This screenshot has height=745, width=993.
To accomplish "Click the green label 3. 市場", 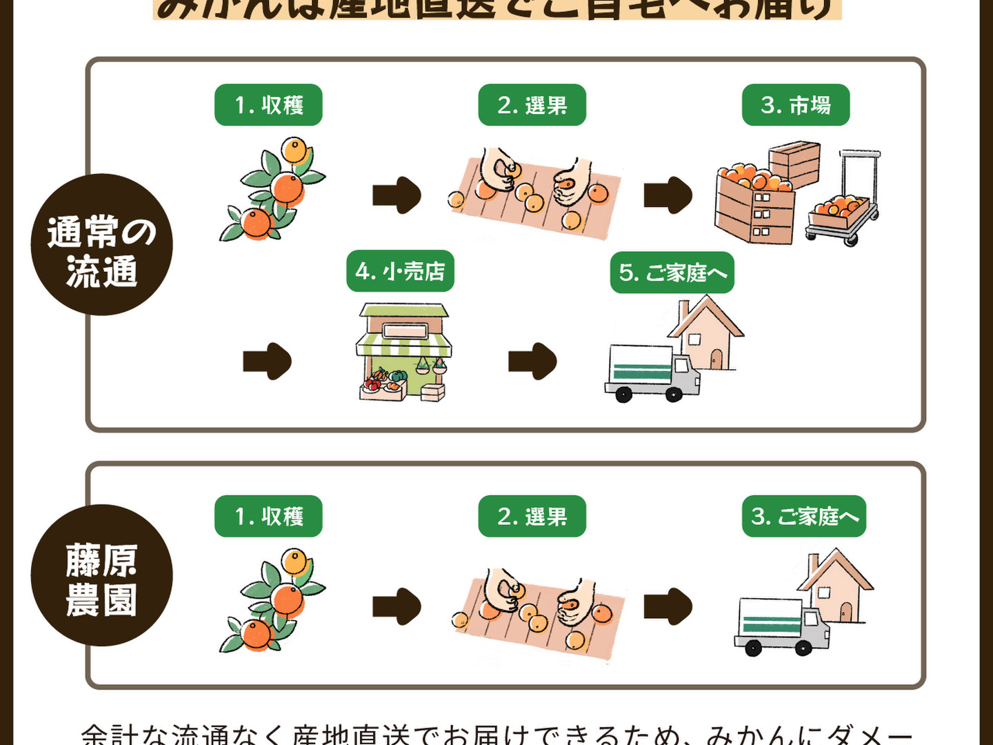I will click(x=795, y=105).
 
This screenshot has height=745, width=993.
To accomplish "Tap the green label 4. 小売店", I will click(x=400, y=271).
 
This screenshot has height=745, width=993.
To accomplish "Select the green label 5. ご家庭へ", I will click(x=672, y=272).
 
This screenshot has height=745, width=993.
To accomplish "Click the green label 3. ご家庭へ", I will click(x=803, y=516).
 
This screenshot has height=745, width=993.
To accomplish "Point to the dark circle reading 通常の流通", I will click(x=101, y=245).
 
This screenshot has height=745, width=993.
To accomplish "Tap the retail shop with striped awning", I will click(x=403, y=352).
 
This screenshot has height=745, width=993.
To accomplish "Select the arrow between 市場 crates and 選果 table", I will click(x=668, y=195).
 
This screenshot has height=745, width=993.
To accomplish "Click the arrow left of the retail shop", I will click(x=267, y=361).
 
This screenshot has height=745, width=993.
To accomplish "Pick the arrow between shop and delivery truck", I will click(x=532, y=361).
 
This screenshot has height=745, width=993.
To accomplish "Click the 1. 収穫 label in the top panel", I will click(x=268, y=105).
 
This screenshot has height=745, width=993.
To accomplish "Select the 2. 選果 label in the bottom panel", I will click(x=532, y=516).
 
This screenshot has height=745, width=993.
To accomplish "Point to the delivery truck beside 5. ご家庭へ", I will click(x=652, y=372).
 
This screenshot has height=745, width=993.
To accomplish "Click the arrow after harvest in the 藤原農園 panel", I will click(x=397, y=606).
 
